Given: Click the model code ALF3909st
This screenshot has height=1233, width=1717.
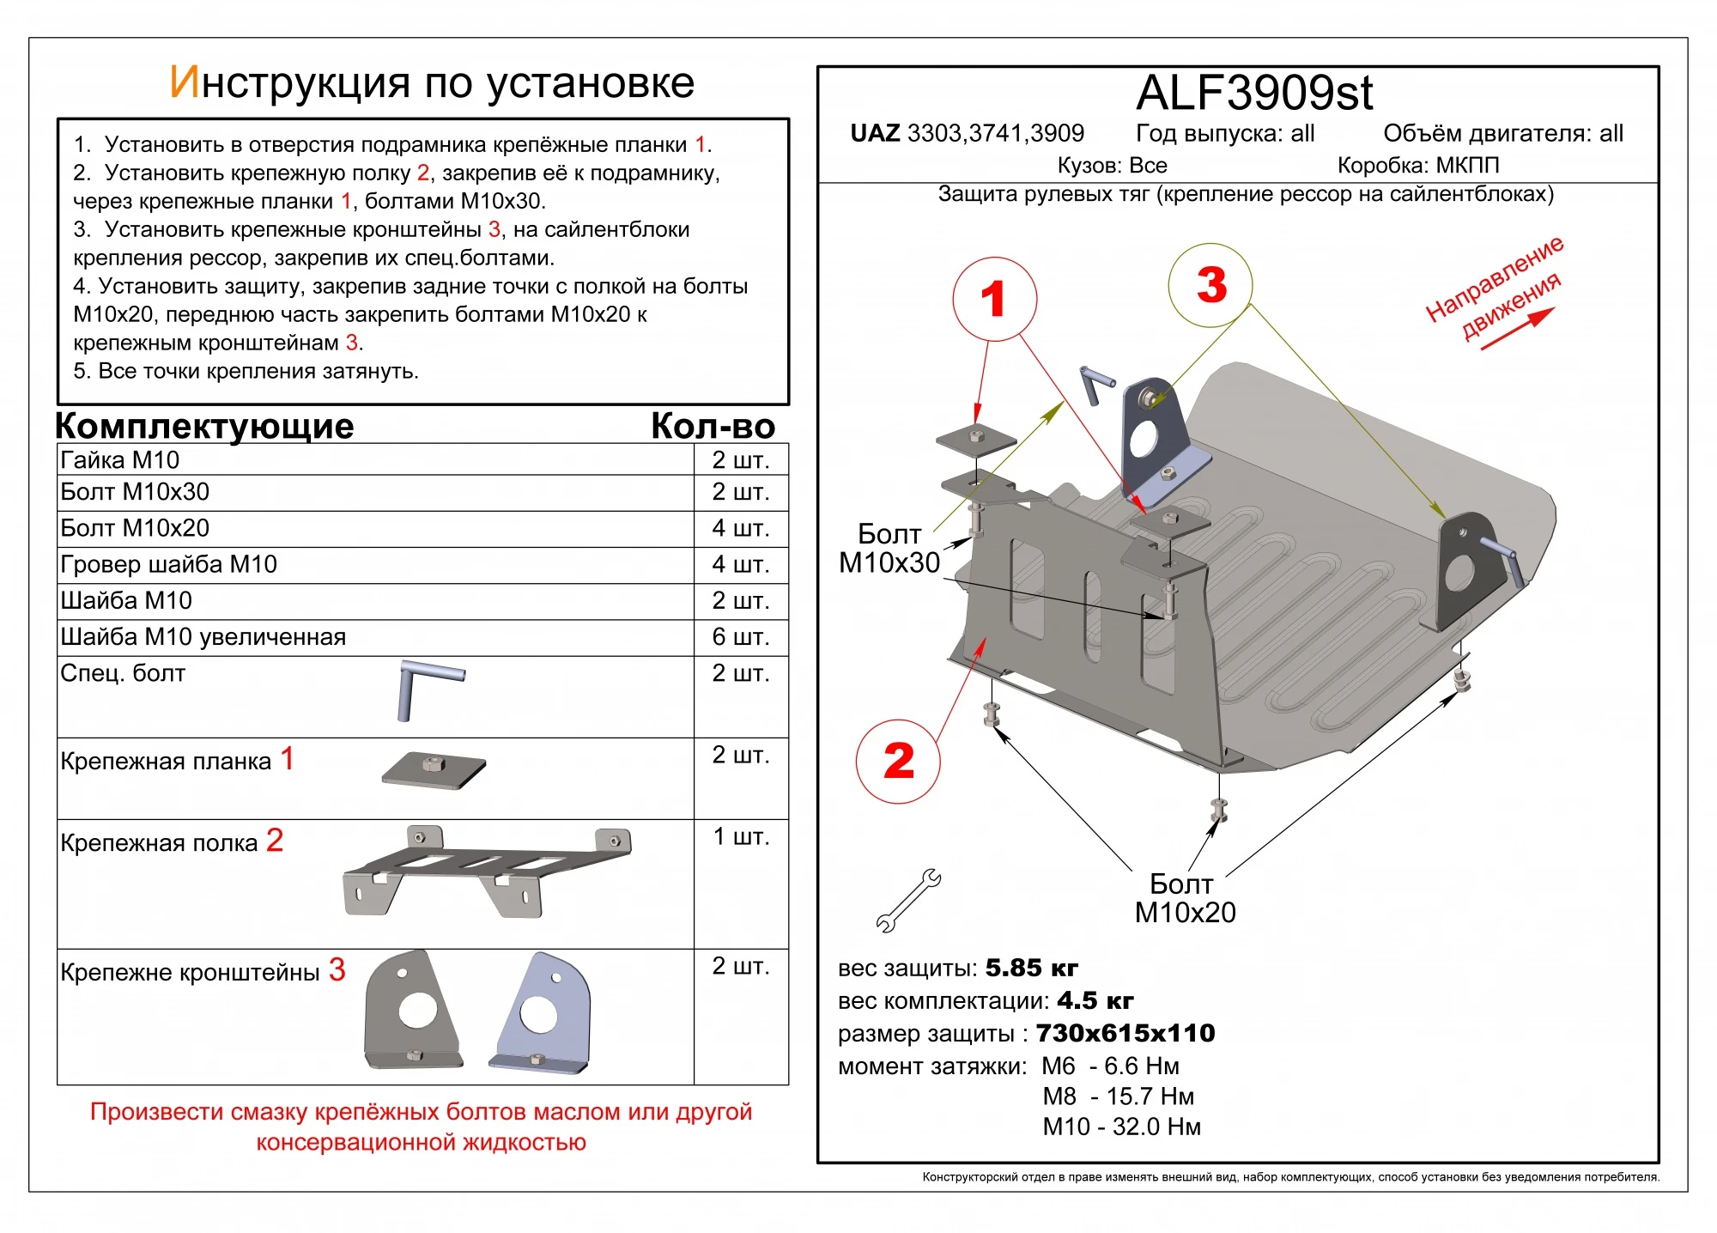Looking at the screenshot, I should point(1253,93).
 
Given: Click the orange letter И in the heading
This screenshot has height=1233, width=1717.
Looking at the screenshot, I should point(185,82).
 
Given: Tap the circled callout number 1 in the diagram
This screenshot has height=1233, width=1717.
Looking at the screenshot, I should point(994,299).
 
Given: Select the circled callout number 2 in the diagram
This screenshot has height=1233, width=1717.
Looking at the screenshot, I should point(898,762).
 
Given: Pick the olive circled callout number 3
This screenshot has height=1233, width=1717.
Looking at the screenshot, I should point(1210,285).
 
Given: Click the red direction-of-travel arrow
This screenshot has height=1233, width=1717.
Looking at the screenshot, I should point(1518,329).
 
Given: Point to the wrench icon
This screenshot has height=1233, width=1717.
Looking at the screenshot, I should point(907,901).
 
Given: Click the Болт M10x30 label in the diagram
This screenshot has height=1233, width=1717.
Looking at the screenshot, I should point(889,548).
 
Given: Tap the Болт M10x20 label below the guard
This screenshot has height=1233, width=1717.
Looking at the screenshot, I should point(1185,898).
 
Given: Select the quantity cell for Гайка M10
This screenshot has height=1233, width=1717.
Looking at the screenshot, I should point(740,460).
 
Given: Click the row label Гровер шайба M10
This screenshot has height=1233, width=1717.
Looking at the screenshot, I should point(168,564).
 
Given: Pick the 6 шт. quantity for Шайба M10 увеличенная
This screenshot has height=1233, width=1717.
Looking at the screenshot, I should point(740,636).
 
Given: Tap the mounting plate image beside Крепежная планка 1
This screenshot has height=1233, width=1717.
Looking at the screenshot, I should point(434,770).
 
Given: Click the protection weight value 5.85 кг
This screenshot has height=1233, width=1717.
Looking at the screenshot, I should point(1030,968).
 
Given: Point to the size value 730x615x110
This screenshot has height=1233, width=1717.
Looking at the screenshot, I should point(1125,1033).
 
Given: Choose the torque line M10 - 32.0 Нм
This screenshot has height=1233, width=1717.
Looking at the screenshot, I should point(1121,1127).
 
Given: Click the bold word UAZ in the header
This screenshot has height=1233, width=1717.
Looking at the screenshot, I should point(875,133).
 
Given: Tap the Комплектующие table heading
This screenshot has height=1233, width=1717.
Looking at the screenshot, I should point(204,426).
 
